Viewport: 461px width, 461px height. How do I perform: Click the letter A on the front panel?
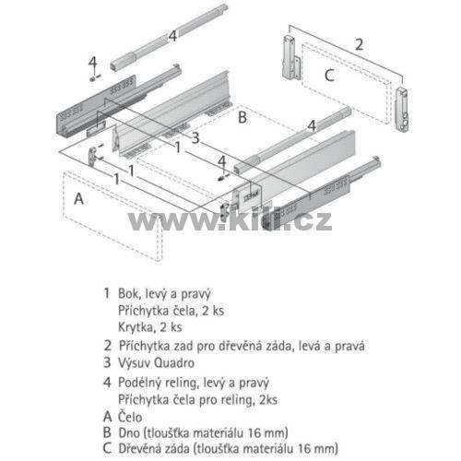(78, 198)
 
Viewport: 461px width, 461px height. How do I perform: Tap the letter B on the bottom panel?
(242, 117)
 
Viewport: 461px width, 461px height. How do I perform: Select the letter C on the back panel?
(329, 76)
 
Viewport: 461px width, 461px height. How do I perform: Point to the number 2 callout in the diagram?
(359, 44)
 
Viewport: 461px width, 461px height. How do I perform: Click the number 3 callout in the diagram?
(195, 137)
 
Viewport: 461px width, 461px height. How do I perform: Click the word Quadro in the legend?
(174, 363)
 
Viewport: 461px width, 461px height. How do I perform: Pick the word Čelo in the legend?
(130, 417)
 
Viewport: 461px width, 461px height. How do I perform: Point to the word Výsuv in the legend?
(134, 363)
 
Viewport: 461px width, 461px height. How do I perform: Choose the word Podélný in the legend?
(140, 383)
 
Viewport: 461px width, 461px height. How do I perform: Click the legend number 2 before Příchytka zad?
(107, 346)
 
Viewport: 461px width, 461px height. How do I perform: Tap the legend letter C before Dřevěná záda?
(107, 448)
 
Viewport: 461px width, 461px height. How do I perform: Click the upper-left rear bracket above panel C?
(290, 57)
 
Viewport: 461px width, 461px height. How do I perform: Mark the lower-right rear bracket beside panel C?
(403, 110)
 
